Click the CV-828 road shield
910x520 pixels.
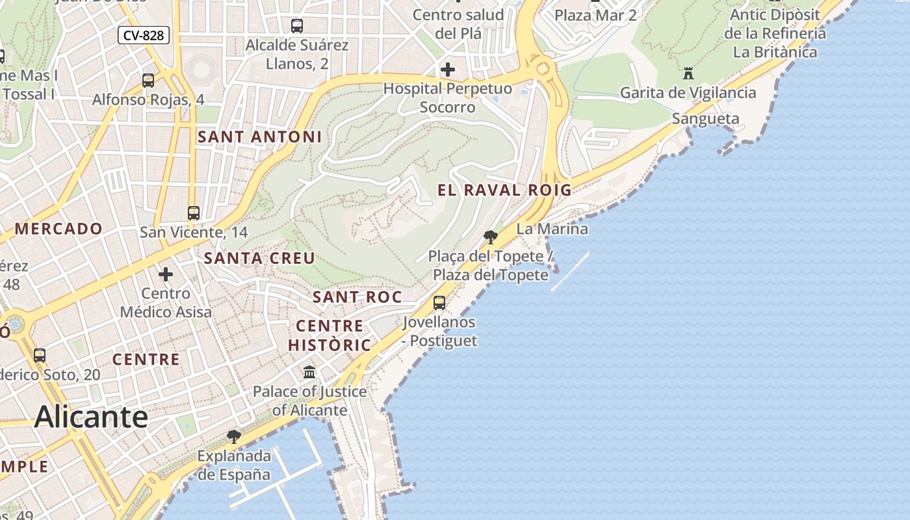click(x=144, y=35)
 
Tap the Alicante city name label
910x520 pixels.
click(x=91, y=417)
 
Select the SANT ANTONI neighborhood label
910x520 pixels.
click(x=259, y=136)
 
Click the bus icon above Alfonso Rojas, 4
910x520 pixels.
click(x=148, y=81)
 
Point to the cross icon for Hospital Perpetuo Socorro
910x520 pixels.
click(x=447, y=69)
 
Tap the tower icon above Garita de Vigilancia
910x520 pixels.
click(x=688, y=73)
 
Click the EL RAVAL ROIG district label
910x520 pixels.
click(x=504, y=190)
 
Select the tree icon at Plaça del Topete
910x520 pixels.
click(x=491, y=237)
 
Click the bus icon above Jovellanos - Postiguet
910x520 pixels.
click(x=439, y=303)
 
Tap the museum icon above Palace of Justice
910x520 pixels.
click(x=309, y=372)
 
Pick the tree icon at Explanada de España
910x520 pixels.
click(x=234, y=436)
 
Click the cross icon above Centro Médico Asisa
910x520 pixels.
click(x=166, y=274)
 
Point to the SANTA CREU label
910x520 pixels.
click(x=259, y=258)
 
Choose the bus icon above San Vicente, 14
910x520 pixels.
click(x=193, y=213)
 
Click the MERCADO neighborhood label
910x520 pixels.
click(x=58, y=229)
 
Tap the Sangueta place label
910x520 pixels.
click(x=705, y=118)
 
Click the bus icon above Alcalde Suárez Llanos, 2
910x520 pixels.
click(x=297, y=26)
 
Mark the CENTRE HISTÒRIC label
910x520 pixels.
click(x=330, y=335)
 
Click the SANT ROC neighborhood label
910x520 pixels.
click(x=357, y=297)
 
